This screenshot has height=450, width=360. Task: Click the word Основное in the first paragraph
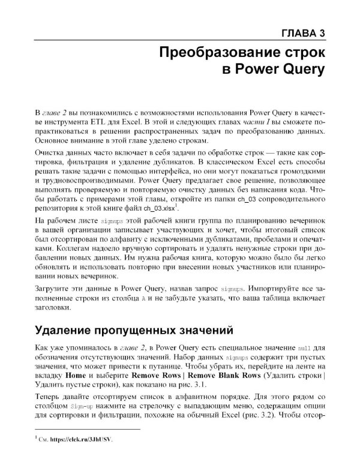[x=54, y=140]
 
